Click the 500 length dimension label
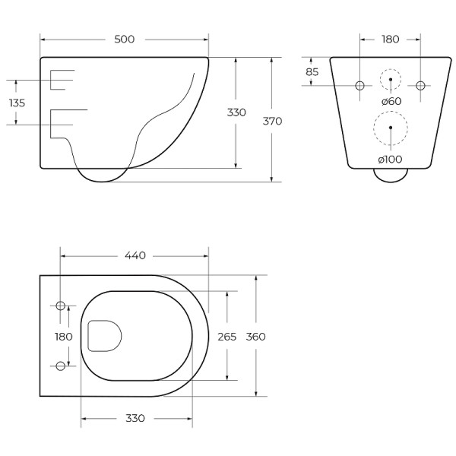pos(124,39)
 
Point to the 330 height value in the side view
pos(236,112)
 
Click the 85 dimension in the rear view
pos(312,72)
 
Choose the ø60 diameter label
pos(391,101)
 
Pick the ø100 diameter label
pos(390,159)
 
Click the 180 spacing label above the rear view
pos(390,39)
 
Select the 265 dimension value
pos(227,336)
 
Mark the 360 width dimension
pos(256,336)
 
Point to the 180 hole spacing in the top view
pos(63,336)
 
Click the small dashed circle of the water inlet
pos(390,79)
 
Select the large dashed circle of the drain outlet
pos(390,129)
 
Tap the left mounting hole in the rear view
pos(360,84)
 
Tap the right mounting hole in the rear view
pos(420,84)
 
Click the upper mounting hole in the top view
pos(61,306)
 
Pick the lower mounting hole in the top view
pos(61,366)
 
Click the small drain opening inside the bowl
pos(104,336)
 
